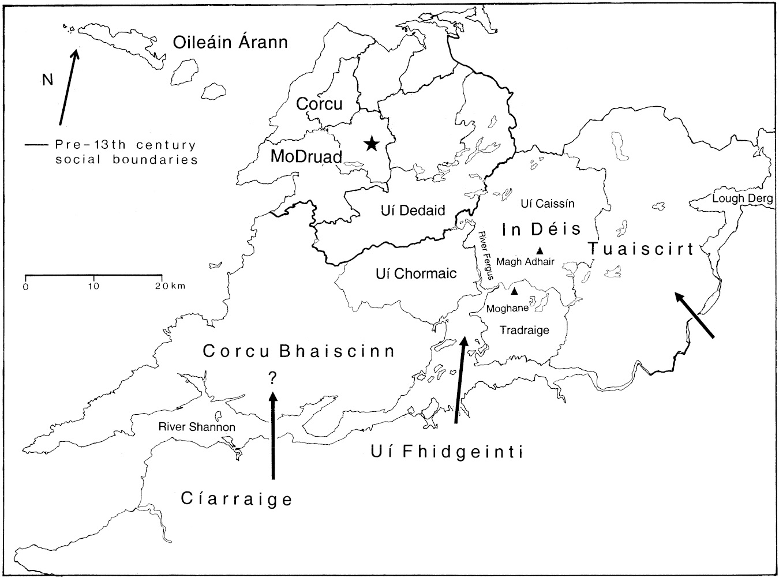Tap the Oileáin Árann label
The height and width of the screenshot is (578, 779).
click(x=230, y=42)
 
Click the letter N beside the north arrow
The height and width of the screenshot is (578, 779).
click(x=47, y=80)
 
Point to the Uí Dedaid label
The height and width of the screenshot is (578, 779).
click(x=414, y=211)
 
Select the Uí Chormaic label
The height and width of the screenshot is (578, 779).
click(x=415, y=273)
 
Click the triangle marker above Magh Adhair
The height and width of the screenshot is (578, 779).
click(x=540, y=250)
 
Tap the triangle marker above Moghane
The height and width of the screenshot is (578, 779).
click(x=514, y=291)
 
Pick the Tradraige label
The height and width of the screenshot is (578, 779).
click(x=523, y=331)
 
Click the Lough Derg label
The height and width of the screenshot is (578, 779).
click(x=742, y=199)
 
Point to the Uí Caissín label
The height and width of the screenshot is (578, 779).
click(x=547, y=204)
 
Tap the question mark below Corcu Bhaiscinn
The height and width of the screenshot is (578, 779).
click(x=272, y=378)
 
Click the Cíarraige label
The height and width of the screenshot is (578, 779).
click(x=237, y=499)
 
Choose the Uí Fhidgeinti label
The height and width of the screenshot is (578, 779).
click(x=447, y=452)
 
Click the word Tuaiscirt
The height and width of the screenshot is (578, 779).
click(x=641, y=249)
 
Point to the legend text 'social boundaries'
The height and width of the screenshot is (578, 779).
click(x=126, y=160)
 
